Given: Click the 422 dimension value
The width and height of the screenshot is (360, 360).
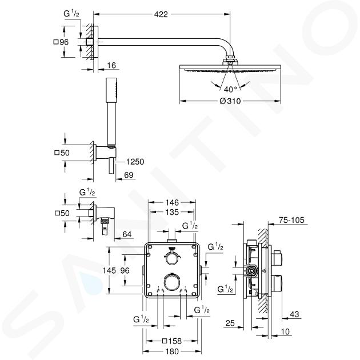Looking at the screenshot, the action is tap(161, 14).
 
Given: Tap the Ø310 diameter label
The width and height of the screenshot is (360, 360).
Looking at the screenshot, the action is tap(230, 101).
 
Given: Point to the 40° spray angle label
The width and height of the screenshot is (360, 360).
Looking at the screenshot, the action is tap(230, 89).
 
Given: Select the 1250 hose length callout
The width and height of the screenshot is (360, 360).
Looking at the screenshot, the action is tap(135, 162).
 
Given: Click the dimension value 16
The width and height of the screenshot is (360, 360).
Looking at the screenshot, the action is tap(111, 65).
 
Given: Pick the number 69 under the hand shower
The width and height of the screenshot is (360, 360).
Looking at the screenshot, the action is tap(129, 175).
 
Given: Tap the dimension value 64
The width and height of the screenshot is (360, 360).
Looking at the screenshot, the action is tap(127, 234).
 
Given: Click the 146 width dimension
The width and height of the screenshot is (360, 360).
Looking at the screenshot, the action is tap(172, 202).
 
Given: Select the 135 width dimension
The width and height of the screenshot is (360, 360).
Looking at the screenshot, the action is tap(172, 212).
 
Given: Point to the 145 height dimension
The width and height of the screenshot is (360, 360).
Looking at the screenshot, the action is tap(109, 270).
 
